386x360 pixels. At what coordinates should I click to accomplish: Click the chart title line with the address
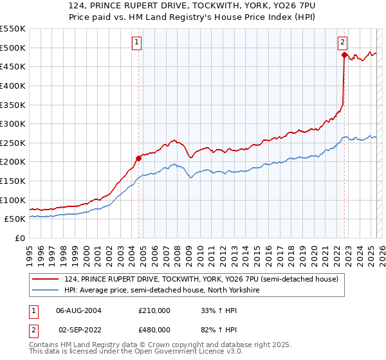click(x=193, y=5)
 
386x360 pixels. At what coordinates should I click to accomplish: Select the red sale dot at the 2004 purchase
click(x=138, y=157)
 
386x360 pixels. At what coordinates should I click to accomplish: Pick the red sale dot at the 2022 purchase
click(x=344, y=56)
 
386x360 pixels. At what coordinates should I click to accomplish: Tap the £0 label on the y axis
click(x=19, y=238)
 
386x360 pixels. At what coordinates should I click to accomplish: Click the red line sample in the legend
click(x=46, y=278)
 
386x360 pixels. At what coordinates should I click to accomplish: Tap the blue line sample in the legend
click(x=46, y=290)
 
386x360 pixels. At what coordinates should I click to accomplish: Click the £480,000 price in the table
click(x=154, y=330)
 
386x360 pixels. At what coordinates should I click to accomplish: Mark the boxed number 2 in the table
click(x=33, y=330)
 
